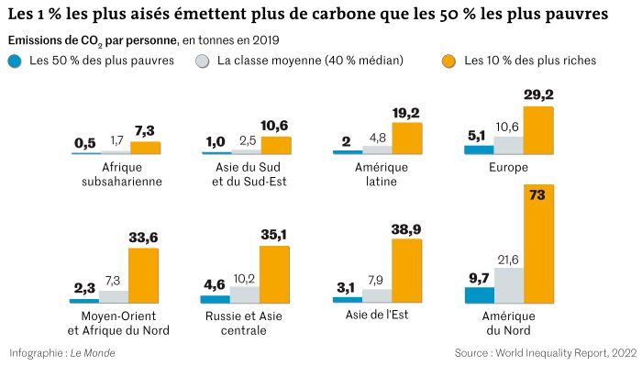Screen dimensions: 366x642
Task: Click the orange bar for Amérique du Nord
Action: pyautogui.click(x=538, y=243)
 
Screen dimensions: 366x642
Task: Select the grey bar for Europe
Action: pyautogui.click(x=509, y=144)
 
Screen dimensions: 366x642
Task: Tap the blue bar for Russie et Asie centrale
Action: pyautogui.click(x=215, y=298)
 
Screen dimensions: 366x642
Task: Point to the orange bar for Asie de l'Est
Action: pyautogui.click(x=407, y=271)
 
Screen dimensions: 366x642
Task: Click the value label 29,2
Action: pyautogui.click(x=538, y=94)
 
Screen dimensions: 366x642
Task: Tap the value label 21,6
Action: pyautogui.click(x=509, y=261)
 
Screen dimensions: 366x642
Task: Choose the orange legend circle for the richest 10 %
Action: pyautogui.click(x=448, y=61)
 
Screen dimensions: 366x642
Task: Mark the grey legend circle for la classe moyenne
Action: pyautogui.click(x=203, y=61)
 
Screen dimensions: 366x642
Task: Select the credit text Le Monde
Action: pyautogui.click(x=94, y=352)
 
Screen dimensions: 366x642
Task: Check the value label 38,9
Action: pyautogui.click(x=407, y=229)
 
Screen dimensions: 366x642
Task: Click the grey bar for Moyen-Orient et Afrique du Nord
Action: pyautogui.click(x=114, y=296)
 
